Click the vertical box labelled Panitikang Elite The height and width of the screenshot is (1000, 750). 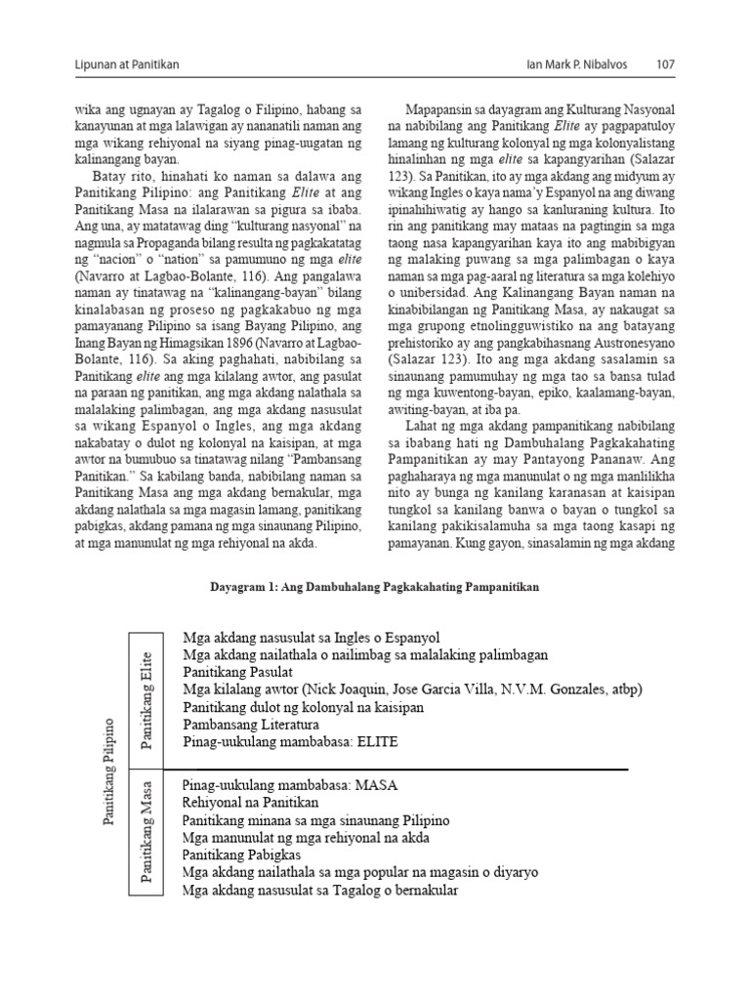coord(148,699)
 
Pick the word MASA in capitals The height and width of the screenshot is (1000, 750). coord(382,784)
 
